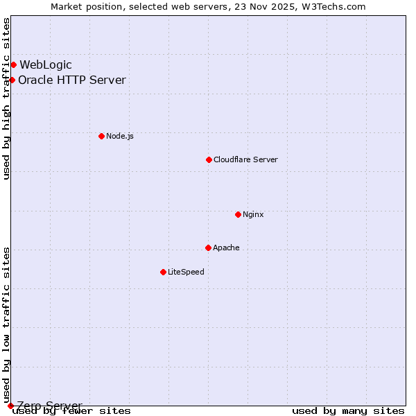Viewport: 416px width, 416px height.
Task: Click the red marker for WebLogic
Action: [x=13, y=65]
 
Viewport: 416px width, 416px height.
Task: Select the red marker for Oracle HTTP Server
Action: [x=12, y=80]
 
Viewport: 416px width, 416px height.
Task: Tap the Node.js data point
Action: [x=101, y=136]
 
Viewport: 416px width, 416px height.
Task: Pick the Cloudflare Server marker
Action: [x=209, y=159]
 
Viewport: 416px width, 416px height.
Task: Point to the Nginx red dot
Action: [x=238, y=214]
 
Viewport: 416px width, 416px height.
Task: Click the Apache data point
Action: [x=208, y=248]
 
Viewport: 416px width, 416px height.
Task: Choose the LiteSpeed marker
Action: [x=163, y=272]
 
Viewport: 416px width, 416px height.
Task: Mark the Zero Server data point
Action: [x=10, y=406]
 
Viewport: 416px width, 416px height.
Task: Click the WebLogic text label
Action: [x=46, y=65]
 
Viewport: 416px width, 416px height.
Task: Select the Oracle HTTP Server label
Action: [x=72, y=80]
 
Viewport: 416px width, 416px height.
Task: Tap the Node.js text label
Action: [x=120, y=136]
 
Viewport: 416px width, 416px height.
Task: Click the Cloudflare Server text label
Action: [x=245, y=159]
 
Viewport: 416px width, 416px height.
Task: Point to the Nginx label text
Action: [x=253, y=214]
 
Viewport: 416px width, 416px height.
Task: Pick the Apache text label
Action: [x=226, y=248]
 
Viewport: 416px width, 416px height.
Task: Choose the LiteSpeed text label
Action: [x=186, y=272]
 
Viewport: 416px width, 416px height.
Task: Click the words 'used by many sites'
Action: [x=348, y=411]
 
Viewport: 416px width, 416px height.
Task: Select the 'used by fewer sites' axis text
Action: [x=72, y=411]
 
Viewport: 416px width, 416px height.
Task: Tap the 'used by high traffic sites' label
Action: [x=7, y=98]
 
